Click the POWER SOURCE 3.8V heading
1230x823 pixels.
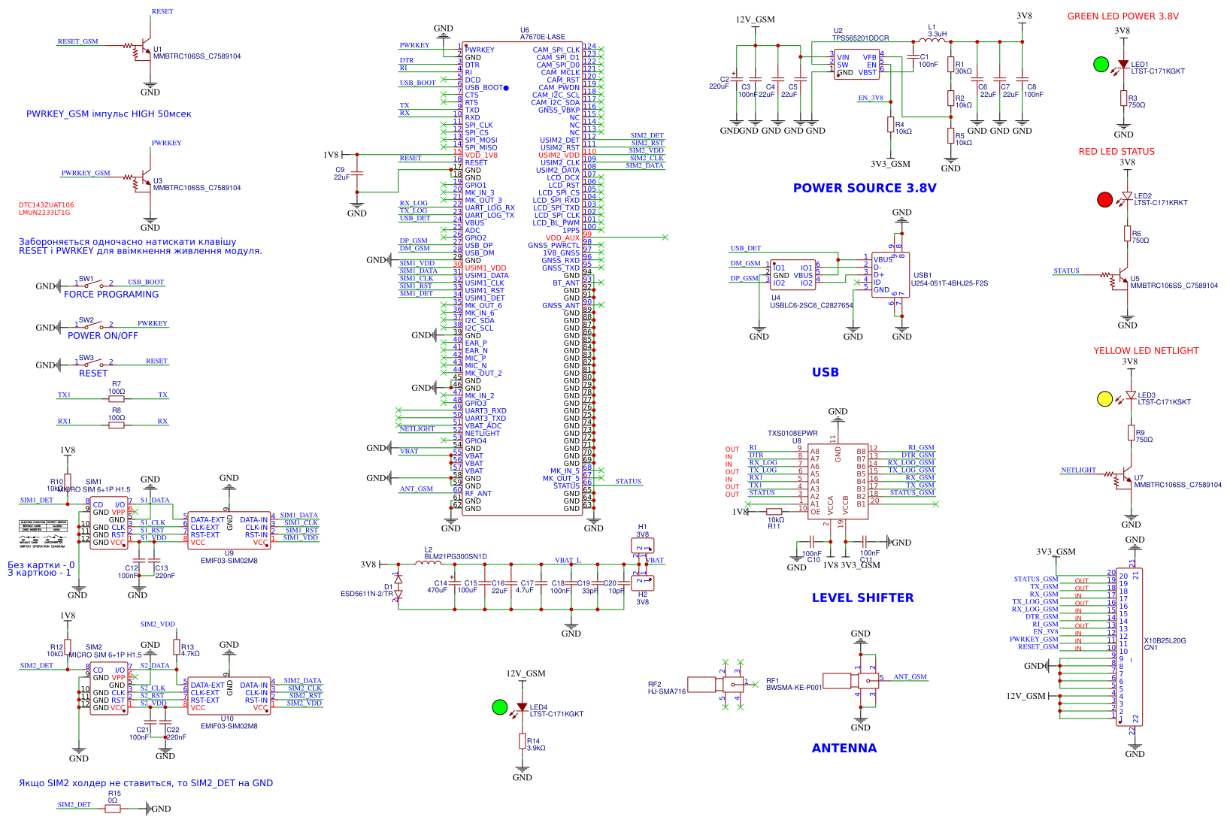865,188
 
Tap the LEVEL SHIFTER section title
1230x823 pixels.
862,598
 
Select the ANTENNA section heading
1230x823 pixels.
844,748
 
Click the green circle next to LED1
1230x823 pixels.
1101,65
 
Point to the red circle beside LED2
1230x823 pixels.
1104,199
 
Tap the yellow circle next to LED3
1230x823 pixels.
1104,399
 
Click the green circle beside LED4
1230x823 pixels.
500,707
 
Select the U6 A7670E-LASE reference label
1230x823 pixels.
542,34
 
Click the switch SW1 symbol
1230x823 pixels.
94,284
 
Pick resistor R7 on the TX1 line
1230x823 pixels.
117,399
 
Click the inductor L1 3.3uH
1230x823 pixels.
932,41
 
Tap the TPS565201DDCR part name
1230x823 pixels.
860,38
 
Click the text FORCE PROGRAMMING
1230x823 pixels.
111,295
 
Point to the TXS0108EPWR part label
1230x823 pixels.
792,434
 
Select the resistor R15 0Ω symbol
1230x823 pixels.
113,809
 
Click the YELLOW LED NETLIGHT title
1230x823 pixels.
1146,351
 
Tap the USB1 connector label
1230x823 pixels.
922,275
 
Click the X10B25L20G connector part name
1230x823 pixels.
1165,640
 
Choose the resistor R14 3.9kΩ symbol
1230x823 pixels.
523,741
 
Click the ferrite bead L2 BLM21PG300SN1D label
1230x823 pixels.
456,556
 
